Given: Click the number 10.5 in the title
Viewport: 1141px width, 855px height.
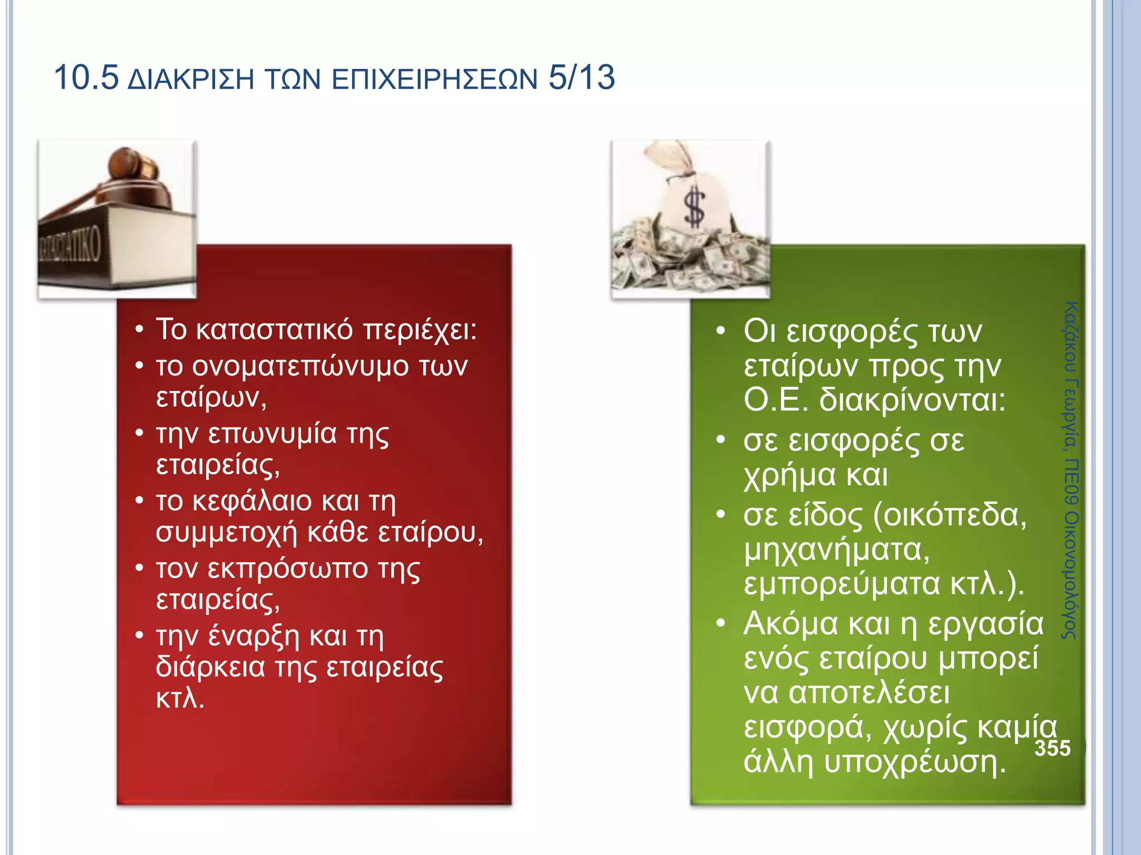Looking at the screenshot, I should pos(86,77).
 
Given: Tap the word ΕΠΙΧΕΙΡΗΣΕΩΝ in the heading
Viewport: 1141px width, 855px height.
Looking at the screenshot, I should pos(435,79).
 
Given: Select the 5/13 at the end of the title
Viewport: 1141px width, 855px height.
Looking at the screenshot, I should pos(582,77).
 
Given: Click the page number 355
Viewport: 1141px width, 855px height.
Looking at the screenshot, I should pos(1052,748).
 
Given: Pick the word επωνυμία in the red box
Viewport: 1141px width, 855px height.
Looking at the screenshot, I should pos(272,434).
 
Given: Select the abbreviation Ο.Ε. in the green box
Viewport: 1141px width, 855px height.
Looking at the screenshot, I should pos(776,400).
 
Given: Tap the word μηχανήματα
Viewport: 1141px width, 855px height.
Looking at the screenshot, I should pos(836,550).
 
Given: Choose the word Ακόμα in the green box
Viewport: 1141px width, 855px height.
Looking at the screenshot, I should pos(790,623).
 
